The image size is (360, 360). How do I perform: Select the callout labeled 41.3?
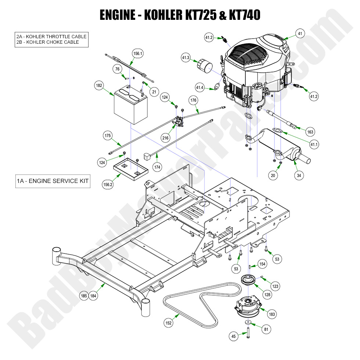coord(186,58)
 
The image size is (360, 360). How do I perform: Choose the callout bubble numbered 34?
coord(299,176)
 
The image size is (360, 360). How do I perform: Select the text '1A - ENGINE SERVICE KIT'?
coord(53,181)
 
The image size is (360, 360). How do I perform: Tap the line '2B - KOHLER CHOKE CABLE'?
coord(48,42)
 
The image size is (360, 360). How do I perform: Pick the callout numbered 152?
coord(169,323)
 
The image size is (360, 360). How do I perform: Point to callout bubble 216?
coord(166,138)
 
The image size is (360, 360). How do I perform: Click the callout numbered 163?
coord(310,132)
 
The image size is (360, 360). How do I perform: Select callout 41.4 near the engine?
coord(200,87)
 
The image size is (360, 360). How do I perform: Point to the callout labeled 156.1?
coord(138,53)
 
